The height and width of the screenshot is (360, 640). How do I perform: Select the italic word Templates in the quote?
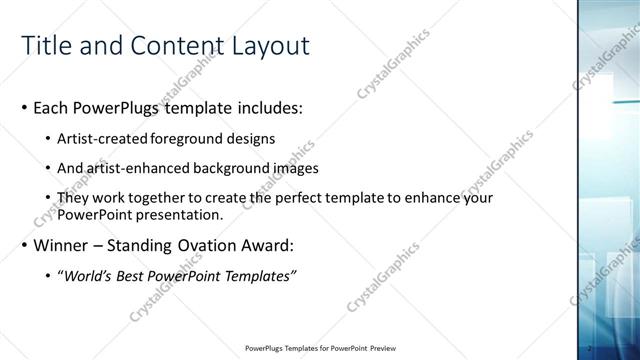point(255,276)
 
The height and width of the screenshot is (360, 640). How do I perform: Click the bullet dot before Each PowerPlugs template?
point(25,107)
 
